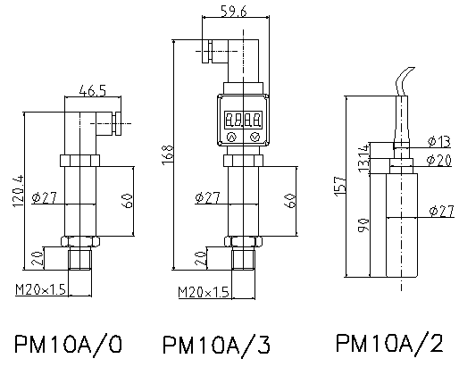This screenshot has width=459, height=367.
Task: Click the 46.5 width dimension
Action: (x=93, y=90)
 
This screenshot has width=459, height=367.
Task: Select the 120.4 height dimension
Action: (x=18, y=191)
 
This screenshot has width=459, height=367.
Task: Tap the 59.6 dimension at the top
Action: (x=234, y=11)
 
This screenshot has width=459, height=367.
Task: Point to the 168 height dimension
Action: (x=167, y=154)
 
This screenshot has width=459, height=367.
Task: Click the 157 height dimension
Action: (x=340, y=187)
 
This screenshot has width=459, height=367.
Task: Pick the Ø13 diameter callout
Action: (x=439, y=141)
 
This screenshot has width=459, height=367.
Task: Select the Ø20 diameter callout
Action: (x=439, y=160)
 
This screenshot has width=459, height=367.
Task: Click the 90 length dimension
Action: (x=363, y=225)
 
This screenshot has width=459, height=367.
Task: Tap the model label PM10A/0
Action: (x=68, y=345)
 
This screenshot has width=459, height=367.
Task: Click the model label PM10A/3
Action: (x=216, y=346)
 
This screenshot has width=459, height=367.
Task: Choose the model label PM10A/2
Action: (x=389, y=344)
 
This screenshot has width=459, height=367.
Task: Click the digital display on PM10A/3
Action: (x=243, y=120)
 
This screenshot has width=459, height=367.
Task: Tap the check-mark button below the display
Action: (x=255, y=137)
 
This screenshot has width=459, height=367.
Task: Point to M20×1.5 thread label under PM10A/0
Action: (x=40, y=288)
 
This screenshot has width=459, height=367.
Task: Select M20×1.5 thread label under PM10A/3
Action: (x=204, y=292)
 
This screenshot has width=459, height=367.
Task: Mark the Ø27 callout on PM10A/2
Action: (x=441, y=211)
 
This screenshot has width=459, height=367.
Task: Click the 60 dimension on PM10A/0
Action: (x=127, y=201)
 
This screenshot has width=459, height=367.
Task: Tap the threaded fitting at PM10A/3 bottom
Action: (x=244, y=259)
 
